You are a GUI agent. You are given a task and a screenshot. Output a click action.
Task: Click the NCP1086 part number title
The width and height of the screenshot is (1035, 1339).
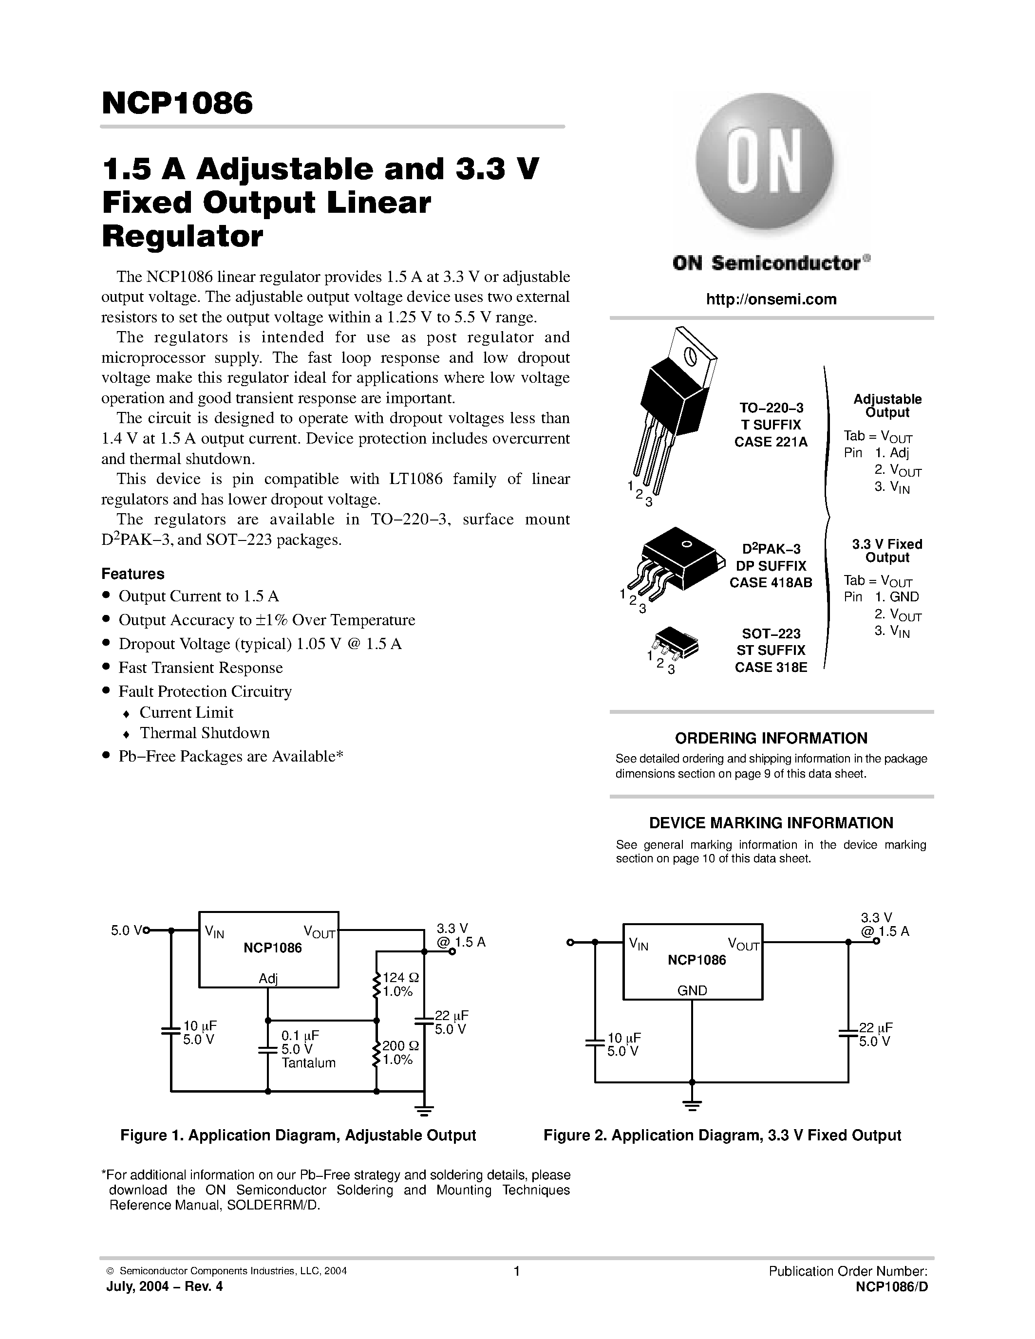click(177, 103)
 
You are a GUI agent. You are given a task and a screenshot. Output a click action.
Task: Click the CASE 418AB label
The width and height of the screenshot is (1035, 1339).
click(771, 582)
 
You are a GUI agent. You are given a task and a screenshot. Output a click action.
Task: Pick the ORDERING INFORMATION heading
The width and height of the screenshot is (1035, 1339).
click(771, 738)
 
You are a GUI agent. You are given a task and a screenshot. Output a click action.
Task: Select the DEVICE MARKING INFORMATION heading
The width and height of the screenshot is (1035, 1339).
click(771, 823)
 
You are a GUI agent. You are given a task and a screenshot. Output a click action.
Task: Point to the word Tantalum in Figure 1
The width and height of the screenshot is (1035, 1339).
click(308, 1062)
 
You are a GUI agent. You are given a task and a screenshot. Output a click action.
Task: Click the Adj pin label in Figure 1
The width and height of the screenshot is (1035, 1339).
click(268, 979)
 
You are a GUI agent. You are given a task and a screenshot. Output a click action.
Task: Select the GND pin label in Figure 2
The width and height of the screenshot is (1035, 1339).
click(692, 990)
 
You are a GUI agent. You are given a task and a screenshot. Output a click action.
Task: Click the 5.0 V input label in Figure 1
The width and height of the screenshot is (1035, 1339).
click(126, 930)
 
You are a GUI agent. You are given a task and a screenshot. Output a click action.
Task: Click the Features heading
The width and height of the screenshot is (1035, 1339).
click(133, 574)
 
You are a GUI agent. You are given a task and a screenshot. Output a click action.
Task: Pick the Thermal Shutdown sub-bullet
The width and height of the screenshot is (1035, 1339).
click(204, 733)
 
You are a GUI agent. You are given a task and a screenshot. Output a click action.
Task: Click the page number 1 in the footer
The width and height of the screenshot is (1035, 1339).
click(516, 1271)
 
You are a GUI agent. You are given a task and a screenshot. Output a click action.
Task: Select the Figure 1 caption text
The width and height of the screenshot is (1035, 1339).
click(298, 1135)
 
